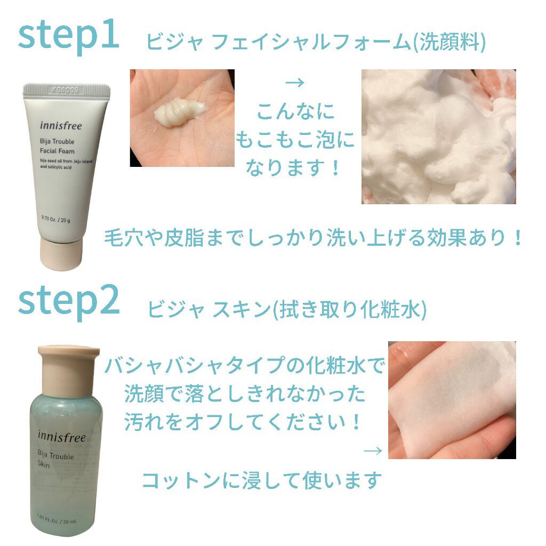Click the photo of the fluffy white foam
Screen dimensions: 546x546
(x=438, y=136)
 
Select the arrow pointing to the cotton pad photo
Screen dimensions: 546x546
(x=373, y=451)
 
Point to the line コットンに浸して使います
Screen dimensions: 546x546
(x=262, y=480)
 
